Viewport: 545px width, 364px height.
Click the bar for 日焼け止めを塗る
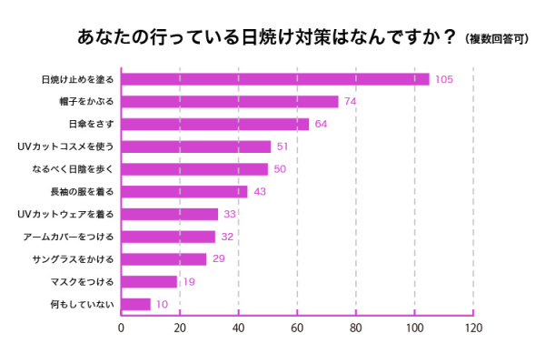[274, 79]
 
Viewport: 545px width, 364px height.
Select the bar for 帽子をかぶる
[229, 102]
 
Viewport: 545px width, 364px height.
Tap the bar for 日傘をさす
[214, 124]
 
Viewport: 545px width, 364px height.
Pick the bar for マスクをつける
[148, 282]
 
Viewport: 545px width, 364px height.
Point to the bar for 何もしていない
[135, 304]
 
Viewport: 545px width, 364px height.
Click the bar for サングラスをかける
[163, 259]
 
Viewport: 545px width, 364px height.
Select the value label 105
[443, 79]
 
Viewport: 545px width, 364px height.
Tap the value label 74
[350, 102]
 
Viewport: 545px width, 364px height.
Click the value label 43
[259, 192]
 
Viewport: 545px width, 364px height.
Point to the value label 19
[188, 282]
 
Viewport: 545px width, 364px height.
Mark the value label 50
[280, 169]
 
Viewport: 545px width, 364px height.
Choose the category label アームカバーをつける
[69, 237]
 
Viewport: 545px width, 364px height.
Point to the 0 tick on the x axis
[121, 329]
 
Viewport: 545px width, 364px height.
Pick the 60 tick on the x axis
[297, 329]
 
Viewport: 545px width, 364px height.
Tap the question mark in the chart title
[447, 37]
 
